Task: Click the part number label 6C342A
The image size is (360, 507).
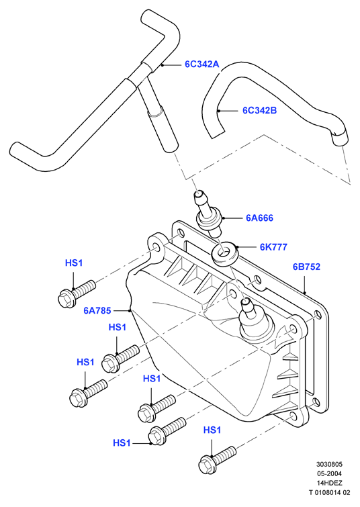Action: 202,64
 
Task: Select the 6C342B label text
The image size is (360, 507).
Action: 260,111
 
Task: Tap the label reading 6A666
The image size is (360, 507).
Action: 259,218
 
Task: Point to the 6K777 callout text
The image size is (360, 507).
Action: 273,247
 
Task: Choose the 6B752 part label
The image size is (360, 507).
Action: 306,267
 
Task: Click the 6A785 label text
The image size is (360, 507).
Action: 97,310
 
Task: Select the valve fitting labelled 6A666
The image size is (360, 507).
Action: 208,214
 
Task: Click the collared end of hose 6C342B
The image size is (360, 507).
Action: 340,138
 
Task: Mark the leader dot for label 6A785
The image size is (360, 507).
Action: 130,310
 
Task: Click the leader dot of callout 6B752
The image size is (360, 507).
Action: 304,293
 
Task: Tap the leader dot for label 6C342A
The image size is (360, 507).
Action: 163,65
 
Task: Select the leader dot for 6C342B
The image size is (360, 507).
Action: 219,111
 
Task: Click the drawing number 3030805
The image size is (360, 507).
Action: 329,464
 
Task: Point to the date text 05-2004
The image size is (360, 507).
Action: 329,473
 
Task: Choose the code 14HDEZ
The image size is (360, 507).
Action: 329,483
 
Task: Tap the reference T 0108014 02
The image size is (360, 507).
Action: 329,492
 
